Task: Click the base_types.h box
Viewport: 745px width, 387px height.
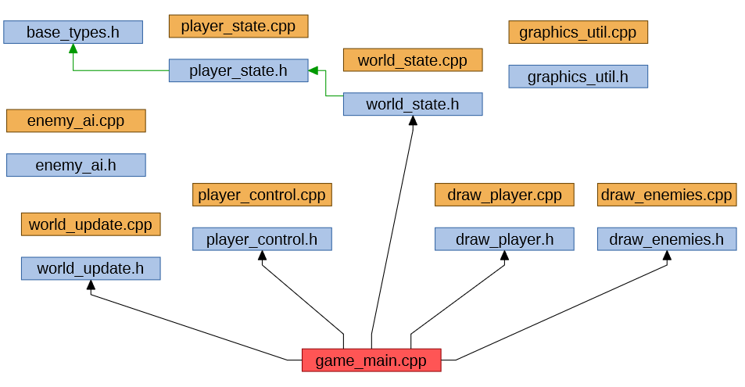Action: click(73, 32)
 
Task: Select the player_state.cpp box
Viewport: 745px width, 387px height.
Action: click(238, 26)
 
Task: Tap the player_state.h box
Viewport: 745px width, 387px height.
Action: click(238, 71)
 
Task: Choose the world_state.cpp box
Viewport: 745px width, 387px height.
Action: click(413, 60)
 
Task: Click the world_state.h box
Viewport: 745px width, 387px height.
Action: click(413, 104)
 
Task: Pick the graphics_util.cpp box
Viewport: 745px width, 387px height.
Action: click(578, 32)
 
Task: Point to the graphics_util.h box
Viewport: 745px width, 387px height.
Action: click(578, 77)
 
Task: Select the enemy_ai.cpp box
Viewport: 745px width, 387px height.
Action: click(76, 121)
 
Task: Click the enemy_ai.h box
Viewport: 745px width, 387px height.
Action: click(76, 165)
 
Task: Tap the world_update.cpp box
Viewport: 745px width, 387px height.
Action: click(91, 224)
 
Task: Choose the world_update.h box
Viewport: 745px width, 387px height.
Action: click(91, 269)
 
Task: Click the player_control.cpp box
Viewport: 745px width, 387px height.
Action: click(262, 195)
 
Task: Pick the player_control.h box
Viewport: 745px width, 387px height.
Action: click(262, 239)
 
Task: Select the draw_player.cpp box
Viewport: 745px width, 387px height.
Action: click(504, 195)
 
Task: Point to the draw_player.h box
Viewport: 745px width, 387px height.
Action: click(504, 239)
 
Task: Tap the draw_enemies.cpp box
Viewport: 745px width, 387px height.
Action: click(667, 195)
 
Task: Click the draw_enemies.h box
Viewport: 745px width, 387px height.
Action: click(667, 239)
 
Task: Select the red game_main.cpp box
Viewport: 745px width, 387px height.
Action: click(371, 360)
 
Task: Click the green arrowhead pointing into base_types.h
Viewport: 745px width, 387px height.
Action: click(73, 48)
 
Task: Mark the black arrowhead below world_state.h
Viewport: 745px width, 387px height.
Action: click(412, 121)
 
